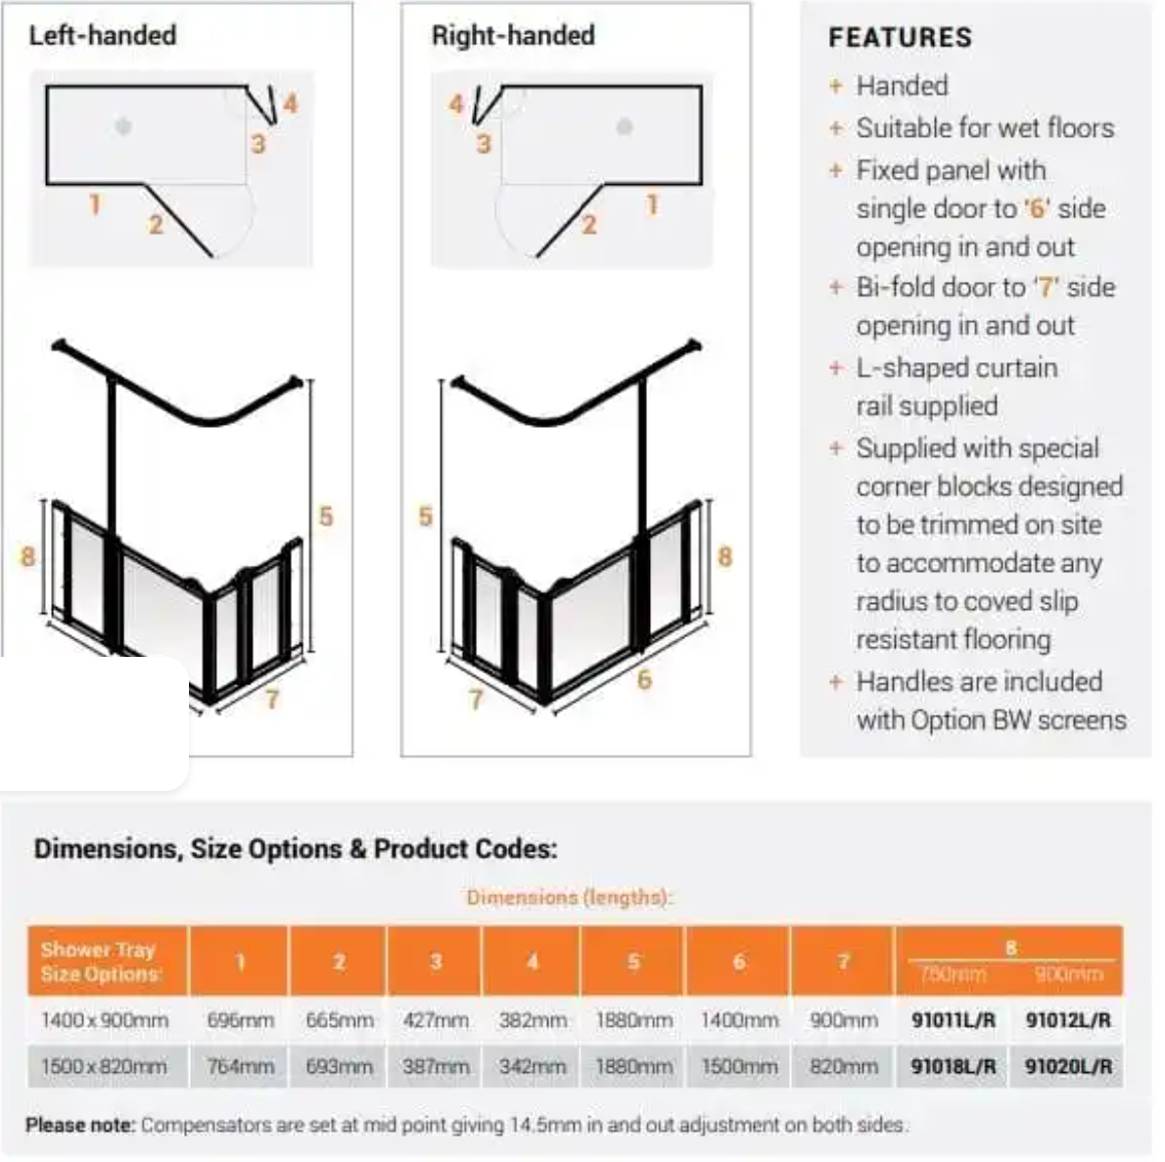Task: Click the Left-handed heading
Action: coord(102,35)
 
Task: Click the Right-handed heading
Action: coord(512,35)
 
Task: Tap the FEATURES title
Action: coord(900,37)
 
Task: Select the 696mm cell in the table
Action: coord(240,1020)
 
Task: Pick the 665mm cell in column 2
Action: coord(339,1020)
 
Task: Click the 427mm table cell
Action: coord(436,1020)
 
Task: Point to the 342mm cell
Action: coord(532,1066)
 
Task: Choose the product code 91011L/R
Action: coord(953,1020)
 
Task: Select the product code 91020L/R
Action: coord(1068,1066)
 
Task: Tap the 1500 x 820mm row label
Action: coord(104,1066)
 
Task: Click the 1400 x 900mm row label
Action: coord(104,1020)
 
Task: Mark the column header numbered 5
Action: coord(633,961)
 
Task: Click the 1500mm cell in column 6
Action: coord(739,1066)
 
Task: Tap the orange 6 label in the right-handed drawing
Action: coord(643,678)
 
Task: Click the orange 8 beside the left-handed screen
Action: coord(27,556)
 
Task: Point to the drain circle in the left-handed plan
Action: coord(122,125)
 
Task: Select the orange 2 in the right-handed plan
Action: coord(588,224)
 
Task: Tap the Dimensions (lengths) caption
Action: coord(569,897)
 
